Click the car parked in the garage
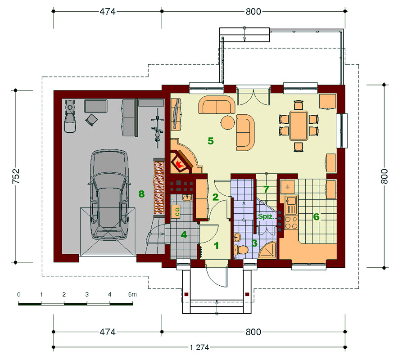(109, 195)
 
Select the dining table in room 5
(299, 126)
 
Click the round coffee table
(227, 122)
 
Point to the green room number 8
(141, 194)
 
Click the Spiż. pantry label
(266, 216)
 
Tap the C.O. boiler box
(177, 211)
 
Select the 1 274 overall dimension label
(199, 347)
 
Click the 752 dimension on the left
(16, 176)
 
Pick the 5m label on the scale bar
(132, 294)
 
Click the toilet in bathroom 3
(241, 249)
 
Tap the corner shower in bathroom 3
(267, 250)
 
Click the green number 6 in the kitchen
(316, 217)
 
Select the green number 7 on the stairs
(266, 189)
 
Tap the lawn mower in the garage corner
(70, 116)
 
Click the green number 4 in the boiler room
(184, 234)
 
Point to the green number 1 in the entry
(217, 246)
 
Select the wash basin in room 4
(187, 198)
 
